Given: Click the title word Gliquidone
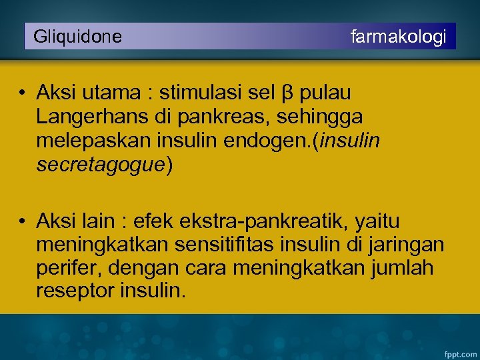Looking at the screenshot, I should tap(77, 37).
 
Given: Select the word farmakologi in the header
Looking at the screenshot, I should tap(399, 37).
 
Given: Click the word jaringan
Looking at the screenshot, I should tap(406, 245).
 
